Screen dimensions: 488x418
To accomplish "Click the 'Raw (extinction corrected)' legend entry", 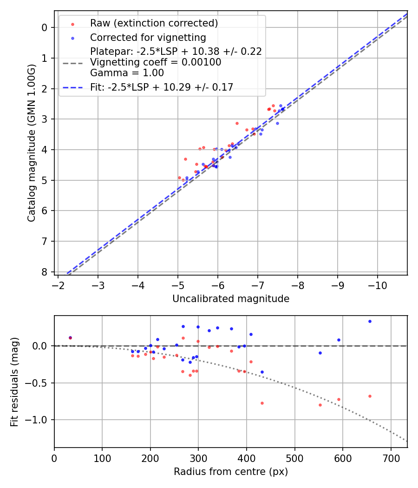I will coord(154,23).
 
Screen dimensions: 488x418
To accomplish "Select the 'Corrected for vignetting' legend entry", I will coord(148,37).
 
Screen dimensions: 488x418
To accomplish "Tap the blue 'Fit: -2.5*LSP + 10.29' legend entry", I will coord(162,87).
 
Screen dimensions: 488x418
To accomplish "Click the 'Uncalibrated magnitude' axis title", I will coord(231,299).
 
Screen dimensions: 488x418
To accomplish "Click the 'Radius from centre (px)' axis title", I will coord(231,472).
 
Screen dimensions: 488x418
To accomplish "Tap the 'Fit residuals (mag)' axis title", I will coord(14,382).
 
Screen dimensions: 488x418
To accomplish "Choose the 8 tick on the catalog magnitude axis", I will coord(45,272).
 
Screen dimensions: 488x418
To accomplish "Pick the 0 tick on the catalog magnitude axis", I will coord(45,27).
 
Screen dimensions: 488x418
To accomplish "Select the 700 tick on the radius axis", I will coord(391,457).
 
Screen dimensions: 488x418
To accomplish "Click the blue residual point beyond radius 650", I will coord(370,321).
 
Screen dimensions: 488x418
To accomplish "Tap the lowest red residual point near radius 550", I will coord(320,405).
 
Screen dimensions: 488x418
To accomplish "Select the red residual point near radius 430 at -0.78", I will coord(262,403).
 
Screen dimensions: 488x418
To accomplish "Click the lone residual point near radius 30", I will coord(70,338).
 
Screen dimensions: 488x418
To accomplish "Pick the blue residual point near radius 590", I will coord(339,340).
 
